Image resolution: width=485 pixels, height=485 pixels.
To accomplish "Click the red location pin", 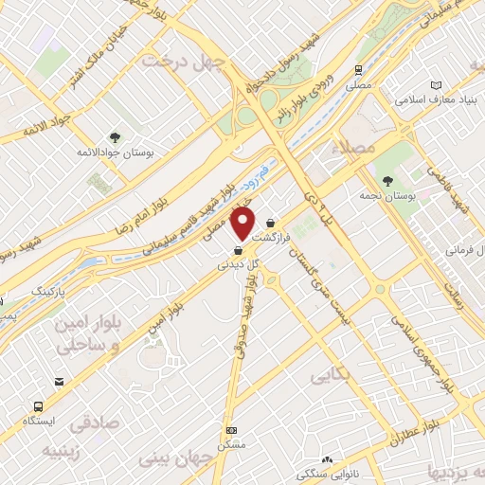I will pos(243,224).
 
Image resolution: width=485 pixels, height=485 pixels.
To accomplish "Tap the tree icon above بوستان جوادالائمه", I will pos(115,137).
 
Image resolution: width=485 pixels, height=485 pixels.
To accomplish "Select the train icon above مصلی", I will pos(358,70).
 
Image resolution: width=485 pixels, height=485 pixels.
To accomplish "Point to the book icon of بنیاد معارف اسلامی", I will pos(435,84).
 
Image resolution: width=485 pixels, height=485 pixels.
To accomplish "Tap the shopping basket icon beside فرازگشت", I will pos(271,224).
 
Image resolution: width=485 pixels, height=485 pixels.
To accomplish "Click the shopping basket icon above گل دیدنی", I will pos(236,251).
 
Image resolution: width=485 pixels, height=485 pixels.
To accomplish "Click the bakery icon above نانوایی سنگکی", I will pos(326,458).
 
